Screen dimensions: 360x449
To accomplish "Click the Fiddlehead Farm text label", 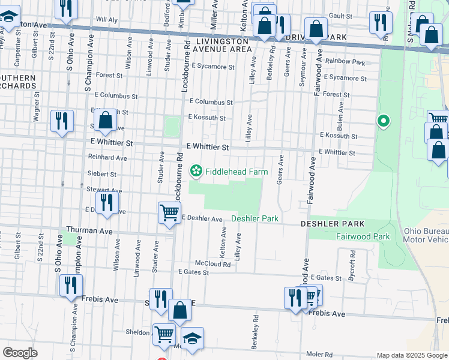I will click(x=237, y=172).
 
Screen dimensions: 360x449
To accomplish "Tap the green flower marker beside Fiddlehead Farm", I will click(x=196, y=172).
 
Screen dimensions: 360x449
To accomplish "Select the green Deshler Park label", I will click(x=259, y=218).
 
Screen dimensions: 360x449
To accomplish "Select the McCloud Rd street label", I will click(x=212, y=263).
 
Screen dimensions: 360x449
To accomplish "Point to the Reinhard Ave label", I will click(x=107, y=158).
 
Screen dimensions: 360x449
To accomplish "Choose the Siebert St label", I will click(x=101, y=173).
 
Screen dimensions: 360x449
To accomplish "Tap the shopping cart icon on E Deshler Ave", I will click(x=170, y=212).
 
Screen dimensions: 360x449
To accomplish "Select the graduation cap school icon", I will click(x=192, y=339).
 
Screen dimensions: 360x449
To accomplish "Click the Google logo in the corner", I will click(x=20, y=353).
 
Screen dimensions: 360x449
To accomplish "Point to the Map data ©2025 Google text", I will click(x=411, y=355).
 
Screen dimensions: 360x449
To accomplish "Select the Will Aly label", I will click(x=106, y=19).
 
